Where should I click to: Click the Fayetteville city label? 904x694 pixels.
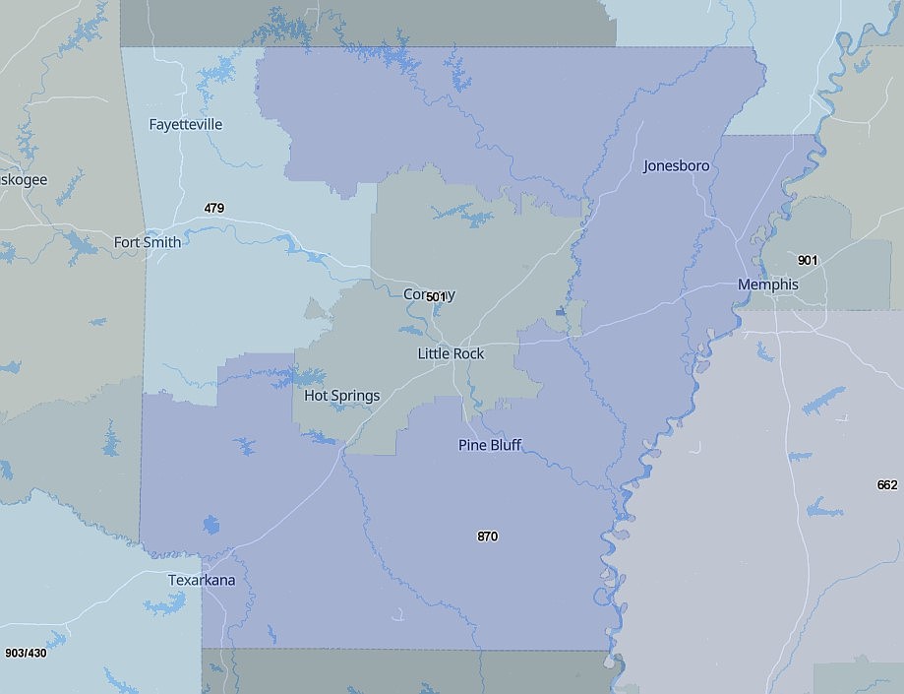[185, 125]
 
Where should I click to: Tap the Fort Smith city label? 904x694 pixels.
[147, 242]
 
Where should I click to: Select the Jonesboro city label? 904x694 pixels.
[676, 166]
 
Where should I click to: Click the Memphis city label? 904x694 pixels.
[767, 284]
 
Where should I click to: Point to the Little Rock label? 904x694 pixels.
[451, 354]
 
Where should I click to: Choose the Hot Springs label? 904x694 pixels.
[341, 396]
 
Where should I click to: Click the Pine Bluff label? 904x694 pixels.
[490, 445]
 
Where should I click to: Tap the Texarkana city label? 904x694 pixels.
[202, 580]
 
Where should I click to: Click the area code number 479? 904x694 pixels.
[214, 208]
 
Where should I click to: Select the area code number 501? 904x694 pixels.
[437, 296]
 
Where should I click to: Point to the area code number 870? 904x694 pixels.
[487, 536]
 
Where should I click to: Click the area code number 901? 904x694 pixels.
[808, 260]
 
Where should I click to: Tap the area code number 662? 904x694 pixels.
[886, 485]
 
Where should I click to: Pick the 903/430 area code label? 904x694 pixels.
[25, 654]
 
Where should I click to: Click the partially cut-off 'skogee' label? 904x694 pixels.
[24, 180]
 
